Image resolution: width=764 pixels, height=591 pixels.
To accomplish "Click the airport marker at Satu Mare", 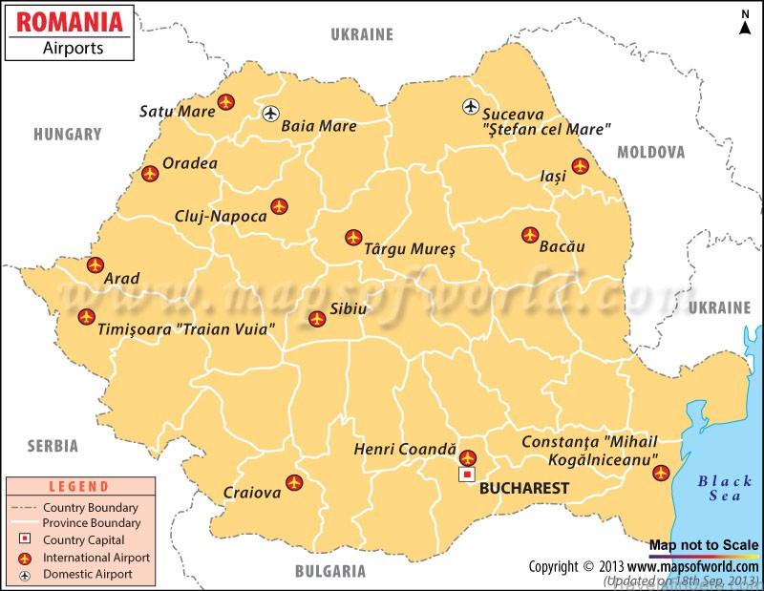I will (x=225, y=101).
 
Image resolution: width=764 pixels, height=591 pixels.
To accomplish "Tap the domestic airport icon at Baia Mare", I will (x=271, y=114).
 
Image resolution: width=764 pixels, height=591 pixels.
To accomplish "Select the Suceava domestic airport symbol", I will (x=470, y=107).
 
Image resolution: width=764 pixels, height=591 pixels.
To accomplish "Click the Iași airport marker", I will (x=580, y=166).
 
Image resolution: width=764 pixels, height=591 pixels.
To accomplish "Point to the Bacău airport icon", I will (x=530, y=235).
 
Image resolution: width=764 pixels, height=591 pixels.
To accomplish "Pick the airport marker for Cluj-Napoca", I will (x=279, y=206).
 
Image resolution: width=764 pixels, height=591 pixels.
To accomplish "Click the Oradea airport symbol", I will (x=150, y=174).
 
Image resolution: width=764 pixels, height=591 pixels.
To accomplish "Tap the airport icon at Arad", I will (x=95, y=265).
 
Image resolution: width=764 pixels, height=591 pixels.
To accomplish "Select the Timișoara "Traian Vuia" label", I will (x=186, y=329).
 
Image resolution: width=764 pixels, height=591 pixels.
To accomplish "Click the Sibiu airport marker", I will (x=316, y=319).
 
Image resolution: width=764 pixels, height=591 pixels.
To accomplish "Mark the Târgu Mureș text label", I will (x=410, y=249).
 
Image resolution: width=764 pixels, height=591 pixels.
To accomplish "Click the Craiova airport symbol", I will (x=294, y=483).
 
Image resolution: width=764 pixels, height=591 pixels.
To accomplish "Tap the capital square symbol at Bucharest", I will (x=467, y=475).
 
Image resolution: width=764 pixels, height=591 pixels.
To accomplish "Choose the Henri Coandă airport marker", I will (x=467, y=458).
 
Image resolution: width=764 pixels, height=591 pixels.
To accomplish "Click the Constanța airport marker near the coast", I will (x=660, y=473).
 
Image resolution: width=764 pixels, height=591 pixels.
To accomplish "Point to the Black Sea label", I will (x=724, y=488).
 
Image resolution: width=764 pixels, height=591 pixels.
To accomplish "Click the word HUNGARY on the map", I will (x=68, y=135).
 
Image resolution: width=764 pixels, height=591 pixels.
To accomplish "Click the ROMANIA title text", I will (x=71, y=20).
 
